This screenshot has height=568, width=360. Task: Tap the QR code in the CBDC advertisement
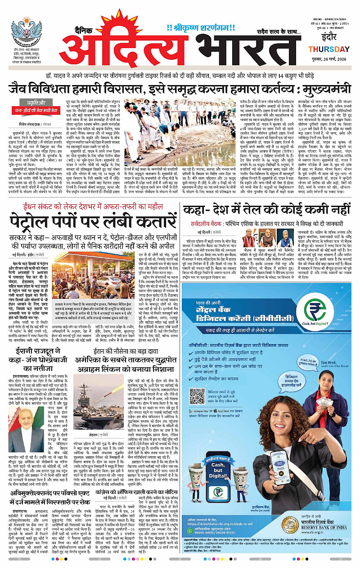click(x=197, y=396)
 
